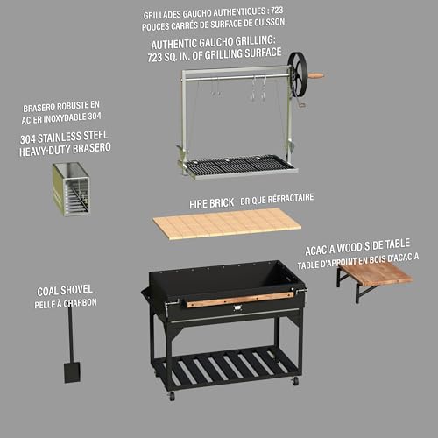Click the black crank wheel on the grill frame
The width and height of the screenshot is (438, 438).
point(299,74)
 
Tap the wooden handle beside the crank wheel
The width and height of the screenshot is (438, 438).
point(315,75)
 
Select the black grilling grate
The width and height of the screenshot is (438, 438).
point(239,163)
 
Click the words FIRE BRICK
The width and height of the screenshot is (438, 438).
point(211,201)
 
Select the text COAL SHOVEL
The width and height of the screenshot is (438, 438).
point(67,290)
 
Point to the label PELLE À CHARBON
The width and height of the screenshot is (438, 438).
point(67,303)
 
